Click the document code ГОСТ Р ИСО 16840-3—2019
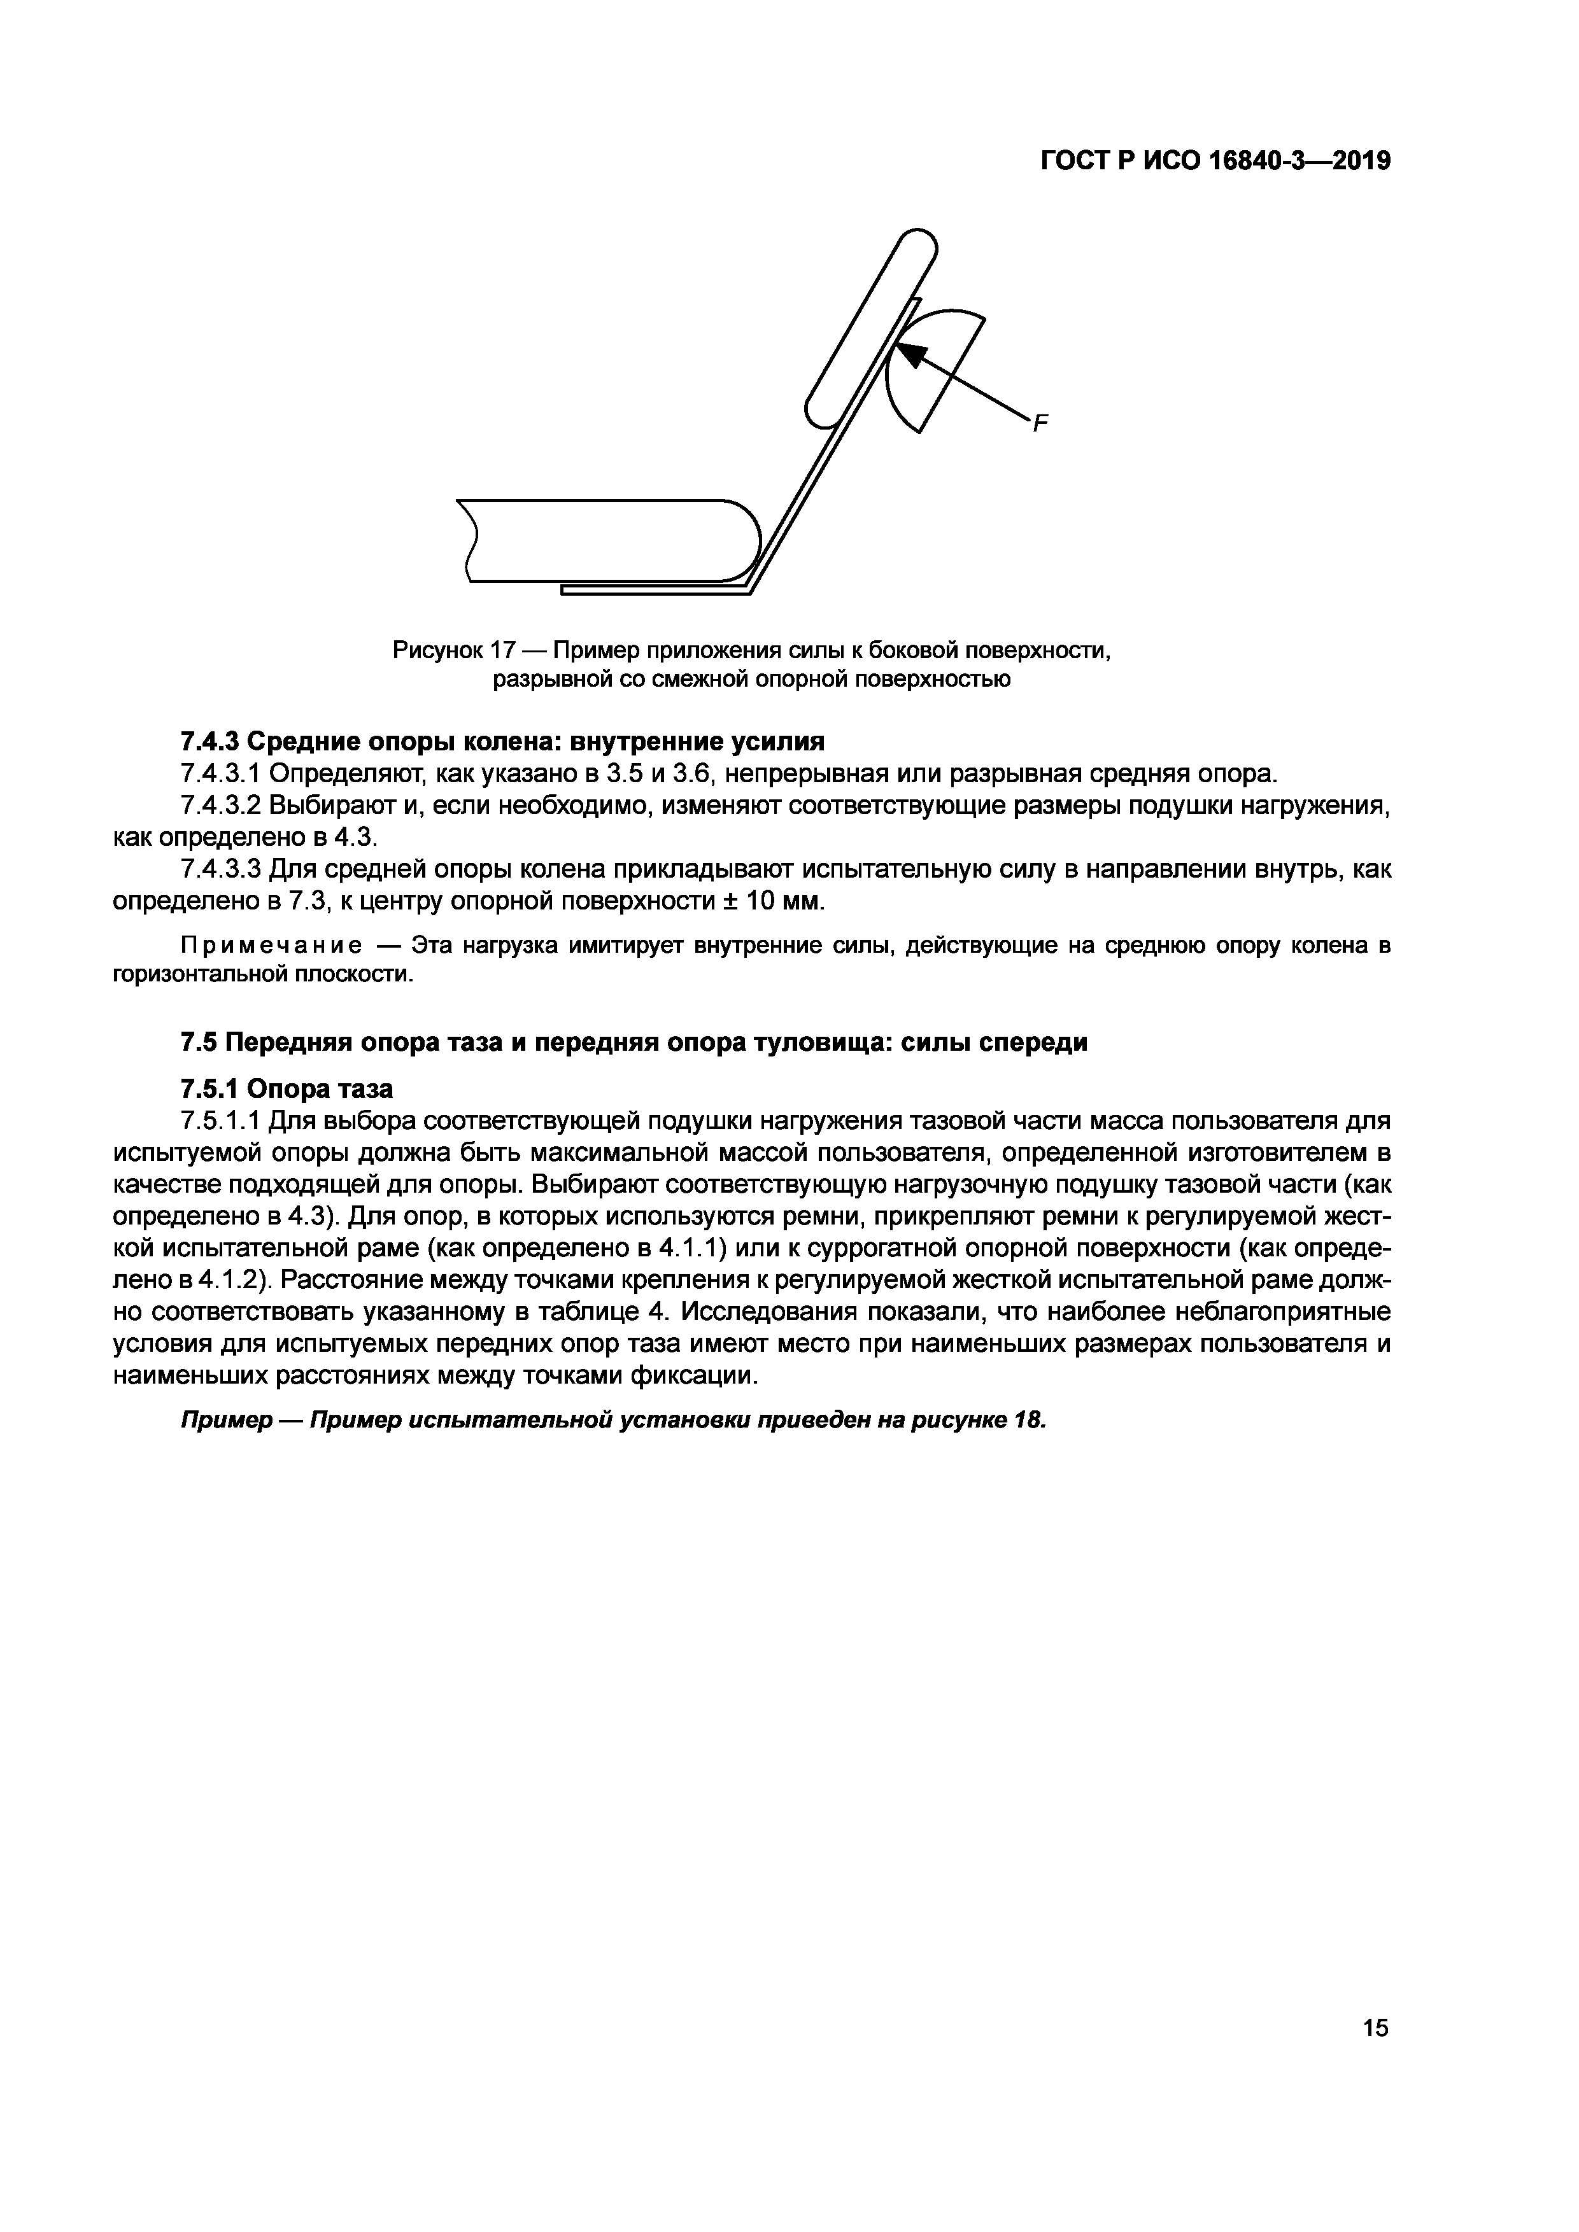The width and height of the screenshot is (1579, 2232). pos(1215,160)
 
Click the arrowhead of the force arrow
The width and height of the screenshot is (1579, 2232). pos(910,355)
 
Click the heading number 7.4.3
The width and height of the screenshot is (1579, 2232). pos(209,741)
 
